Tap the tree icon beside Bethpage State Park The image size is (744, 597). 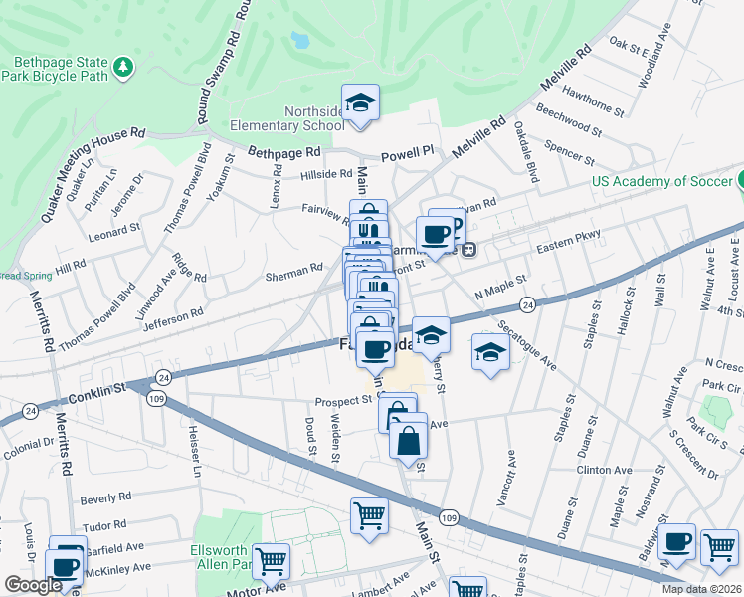click(x=123, y=67)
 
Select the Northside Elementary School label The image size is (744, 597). click(x=287, y=118)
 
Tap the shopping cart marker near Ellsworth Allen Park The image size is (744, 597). click(x=271, y=561)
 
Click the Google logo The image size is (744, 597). click(x=32, y=586)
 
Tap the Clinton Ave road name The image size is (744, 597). click(x=604, y=470)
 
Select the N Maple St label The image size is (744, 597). click(x=500, y=289)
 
